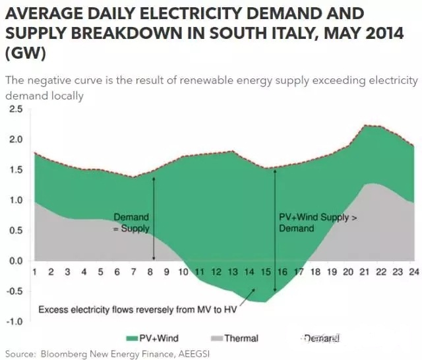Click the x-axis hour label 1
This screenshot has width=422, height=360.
coord(34,271)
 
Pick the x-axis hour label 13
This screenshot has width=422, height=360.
coord(232,271)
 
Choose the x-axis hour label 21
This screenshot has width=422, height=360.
coord(364,271)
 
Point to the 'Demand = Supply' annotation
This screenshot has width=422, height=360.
coord(131,223)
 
